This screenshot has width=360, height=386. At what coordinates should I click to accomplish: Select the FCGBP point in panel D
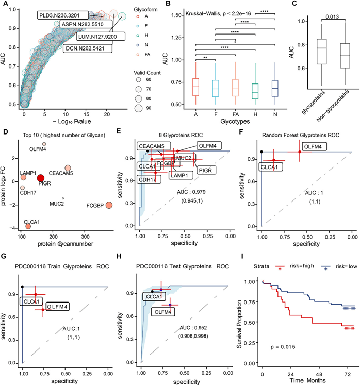click(109, 205)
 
